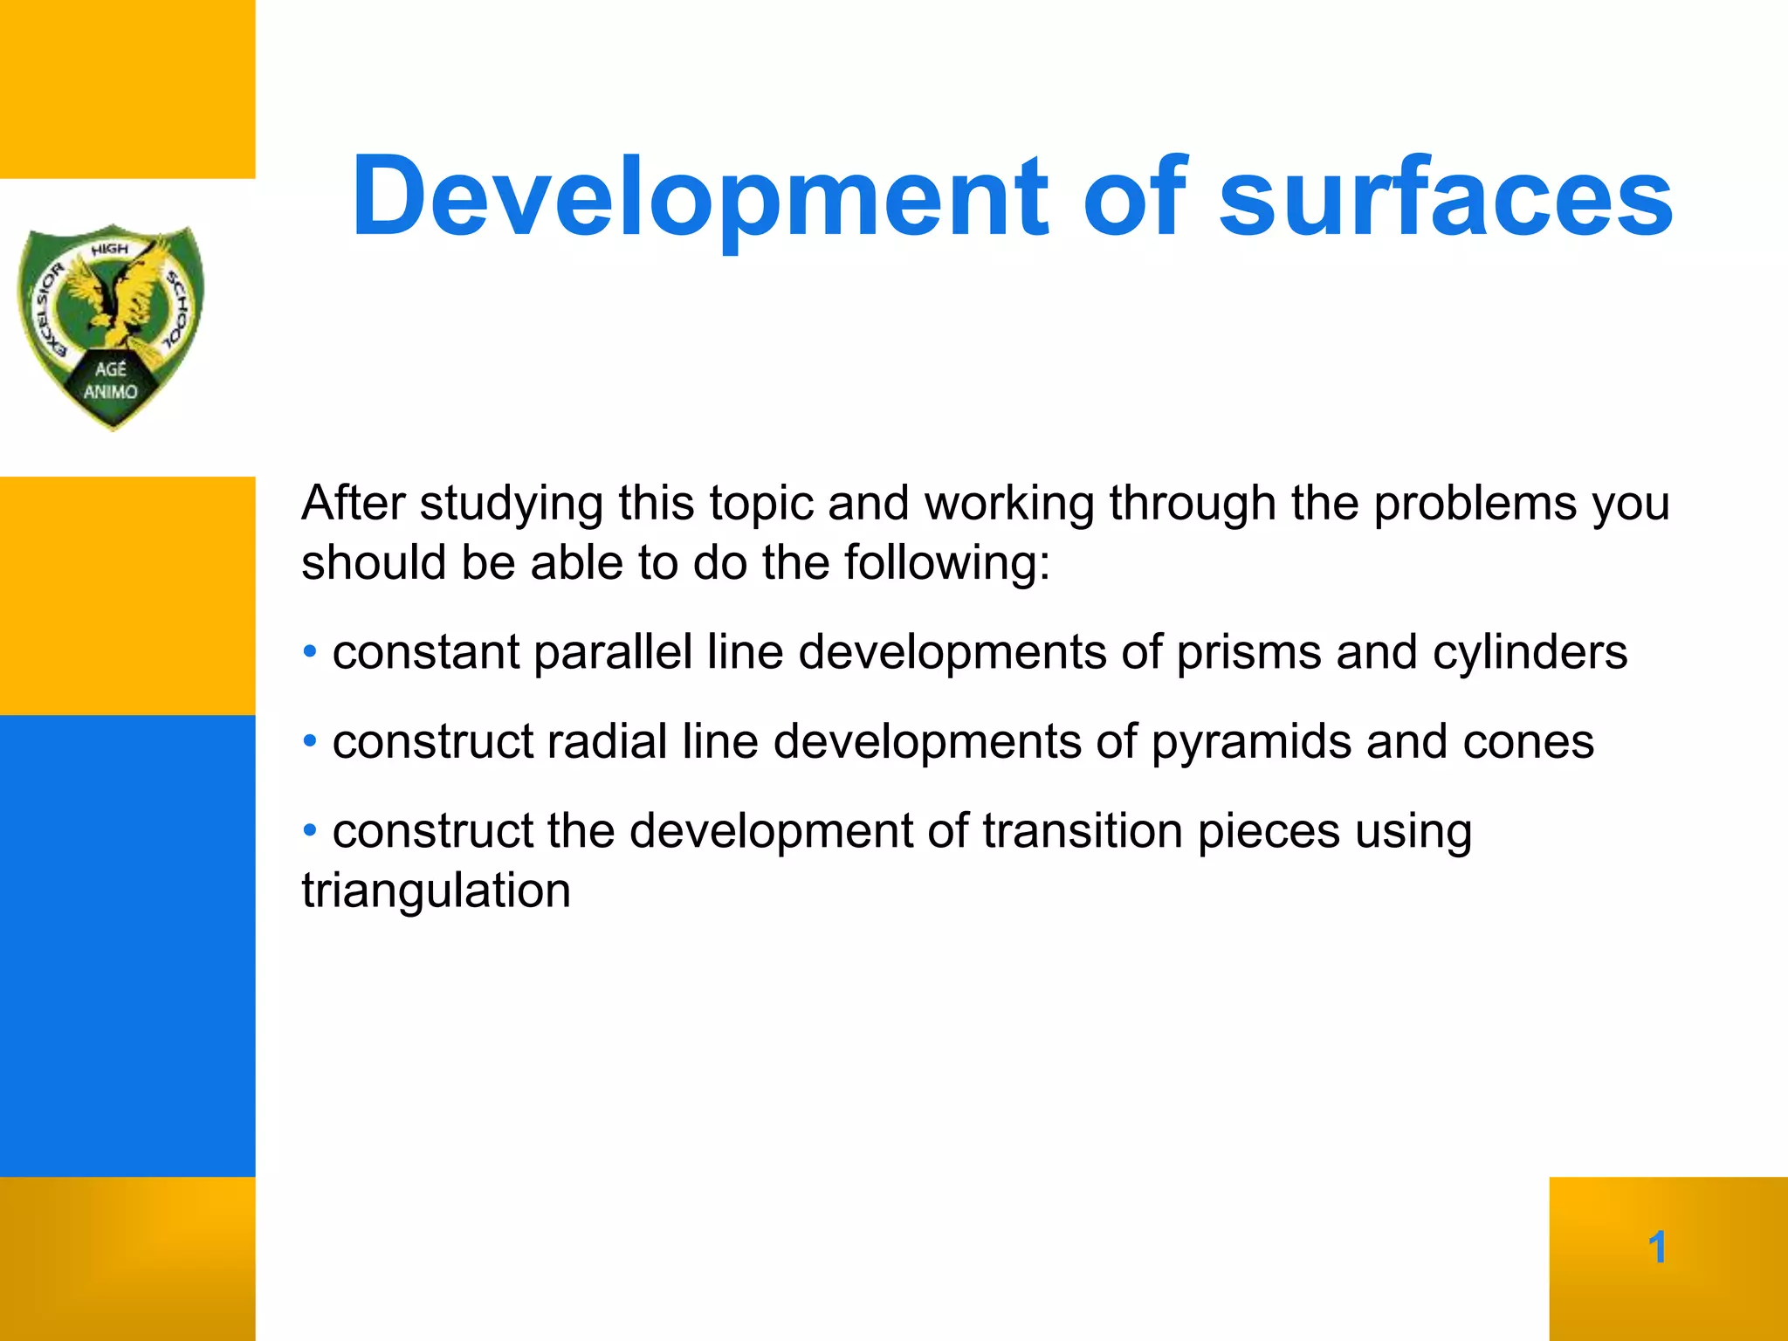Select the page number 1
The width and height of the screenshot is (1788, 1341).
(x=1657, y=1247)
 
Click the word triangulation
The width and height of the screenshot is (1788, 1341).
(x=436, y=891)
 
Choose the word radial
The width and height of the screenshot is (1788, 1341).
(x=607, y=743)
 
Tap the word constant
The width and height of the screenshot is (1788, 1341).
(x=425, y=653)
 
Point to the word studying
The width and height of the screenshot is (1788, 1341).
(x=511, y=505)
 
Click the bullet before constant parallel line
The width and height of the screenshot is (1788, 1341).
(x=310, y=651)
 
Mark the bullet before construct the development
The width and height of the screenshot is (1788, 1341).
(x=310, y=829)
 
